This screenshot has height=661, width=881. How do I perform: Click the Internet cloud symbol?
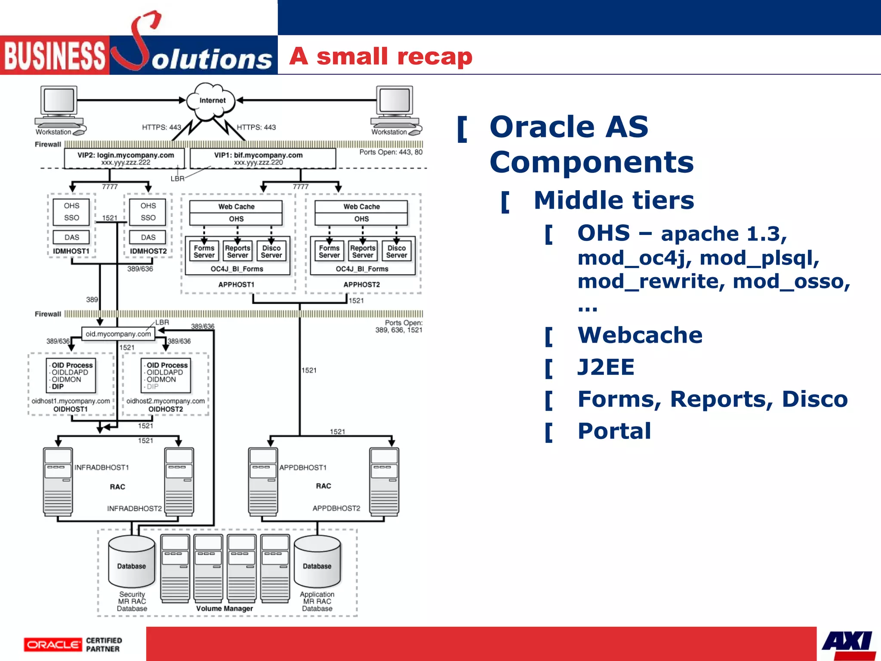tap(212, 102)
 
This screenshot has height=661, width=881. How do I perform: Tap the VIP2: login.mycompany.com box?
tap(125, 158)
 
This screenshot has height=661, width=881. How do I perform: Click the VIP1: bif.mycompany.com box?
tap(262, 158)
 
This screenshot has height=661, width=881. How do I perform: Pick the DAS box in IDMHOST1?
tap(71, 237)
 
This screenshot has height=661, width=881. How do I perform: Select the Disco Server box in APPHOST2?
tap(396, 251)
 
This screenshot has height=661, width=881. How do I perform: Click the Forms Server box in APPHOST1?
tap(204, 251)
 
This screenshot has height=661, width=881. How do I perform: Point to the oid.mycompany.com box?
tap(118, 334)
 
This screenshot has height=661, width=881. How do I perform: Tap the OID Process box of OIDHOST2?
tap(166, 376)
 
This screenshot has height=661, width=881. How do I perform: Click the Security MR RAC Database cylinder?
tap(132, 562)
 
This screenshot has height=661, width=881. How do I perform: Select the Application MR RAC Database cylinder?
tap(317, 562)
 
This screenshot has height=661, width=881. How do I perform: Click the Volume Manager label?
tap(225, 608)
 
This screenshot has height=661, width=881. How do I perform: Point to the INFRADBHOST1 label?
tap(102, 467)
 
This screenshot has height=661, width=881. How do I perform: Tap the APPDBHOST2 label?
tap(336, 508)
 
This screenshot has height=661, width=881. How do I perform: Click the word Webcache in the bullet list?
tap(640, 335)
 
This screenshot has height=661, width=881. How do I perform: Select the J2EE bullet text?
tap(606, 367)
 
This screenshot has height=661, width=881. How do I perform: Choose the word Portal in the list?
tap(614, 431)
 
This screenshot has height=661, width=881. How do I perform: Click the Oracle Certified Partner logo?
tap(73, 644)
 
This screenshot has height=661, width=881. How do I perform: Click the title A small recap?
tap(381, 56)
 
